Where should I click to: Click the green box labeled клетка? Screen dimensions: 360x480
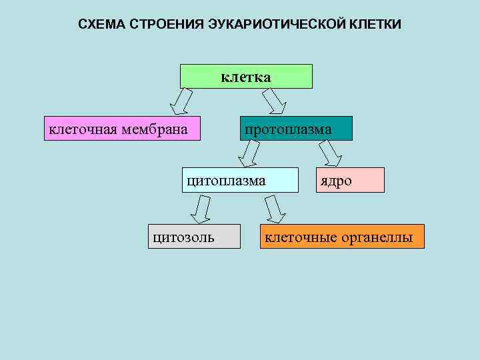click(x=246, y=77)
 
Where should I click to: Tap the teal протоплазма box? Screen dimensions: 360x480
click(x=296, y=129)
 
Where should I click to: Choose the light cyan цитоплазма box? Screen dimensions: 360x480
click(x=240, y=180)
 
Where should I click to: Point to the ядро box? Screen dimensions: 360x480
click(x=350, y=181)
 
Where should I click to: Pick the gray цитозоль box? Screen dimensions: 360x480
click(x=194, y=236)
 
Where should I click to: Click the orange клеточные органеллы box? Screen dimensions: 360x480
click(x=342, y=236)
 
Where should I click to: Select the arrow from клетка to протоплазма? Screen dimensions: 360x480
click(x=273, y=102)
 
